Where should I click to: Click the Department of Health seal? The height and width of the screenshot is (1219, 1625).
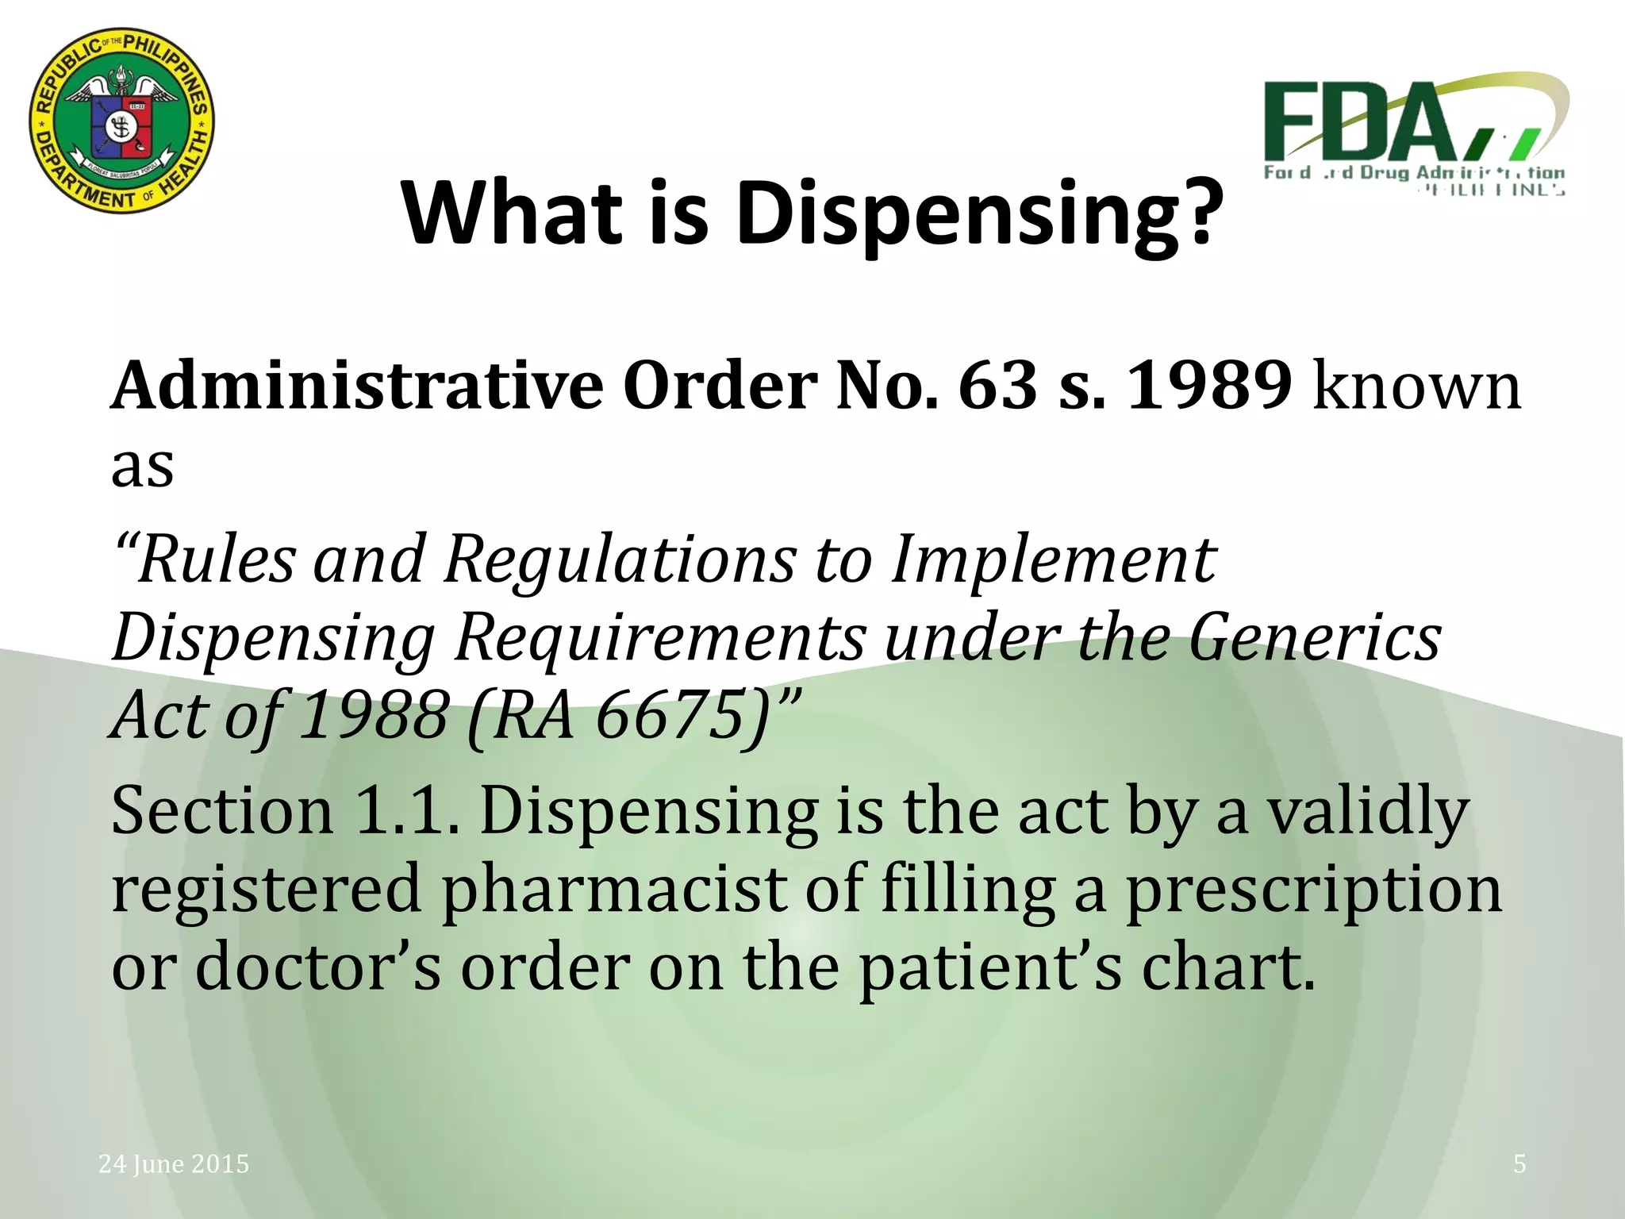pyautogui.click(x=121, y=122)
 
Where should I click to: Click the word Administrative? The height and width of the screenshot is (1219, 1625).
pyautogui.click(x=357, y=386)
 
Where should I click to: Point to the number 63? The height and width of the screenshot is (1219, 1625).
pyautogui.click(x=998, y=386)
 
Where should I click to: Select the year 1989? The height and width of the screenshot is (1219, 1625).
pyautogui.click(x=1209, y=386)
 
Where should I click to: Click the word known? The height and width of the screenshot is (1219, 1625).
pyautogui.click(x=1417, y=386)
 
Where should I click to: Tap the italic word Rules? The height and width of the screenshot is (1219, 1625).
pyautogui.click(x=214, y=560)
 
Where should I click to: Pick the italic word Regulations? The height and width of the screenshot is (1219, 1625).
pyautogui.click(x=620, y=560)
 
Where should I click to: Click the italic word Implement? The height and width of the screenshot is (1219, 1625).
pyautogui.click(x=1053, y=560)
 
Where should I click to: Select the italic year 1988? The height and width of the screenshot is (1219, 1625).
pyautogui.click(x=375, y=716)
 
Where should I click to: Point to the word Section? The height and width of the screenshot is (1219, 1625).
pyautogui.click(x=222, y=811)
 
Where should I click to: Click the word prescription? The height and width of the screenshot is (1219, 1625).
pyautogui.click(x=1314, y=890)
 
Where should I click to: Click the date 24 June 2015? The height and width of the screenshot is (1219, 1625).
pyautogui.click(x=174, y=1164)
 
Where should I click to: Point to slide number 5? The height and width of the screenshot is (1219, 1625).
pyautogui.click(x=1519, y=1164)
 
